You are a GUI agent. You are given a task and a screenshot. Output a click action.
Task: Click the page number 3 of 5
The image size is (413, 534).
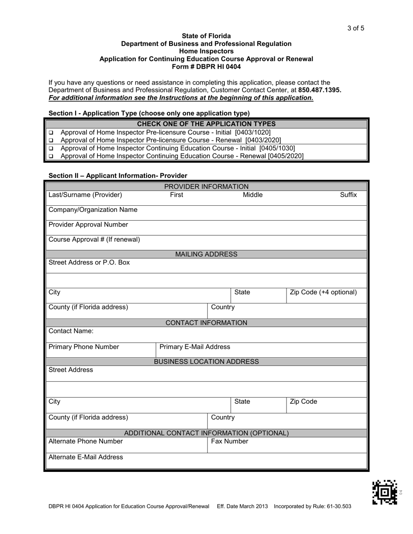coord(356,29)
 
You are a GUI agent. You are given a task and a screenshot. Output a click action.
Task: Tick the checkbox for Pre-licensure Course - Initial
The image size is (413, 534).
coord(50,132)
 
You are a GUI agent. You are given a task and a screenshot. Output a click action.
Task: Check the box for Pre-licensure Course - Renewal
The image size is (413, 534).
coord(50,140)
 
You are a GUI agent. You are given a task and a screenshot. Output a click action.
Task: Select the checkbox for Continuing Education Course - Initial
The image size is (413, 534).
coord(50,148)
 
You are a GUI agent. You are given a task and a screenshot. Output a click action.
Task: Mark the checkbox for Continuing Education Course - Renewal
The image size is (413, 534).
coord(50,156)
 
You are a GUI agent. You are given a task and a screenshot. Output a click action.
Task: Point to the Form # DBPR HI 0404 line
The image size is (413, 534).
coord(206,67)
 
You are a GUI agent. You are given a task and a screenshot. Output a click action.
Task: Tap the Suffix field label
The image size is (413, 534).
coord(348,195)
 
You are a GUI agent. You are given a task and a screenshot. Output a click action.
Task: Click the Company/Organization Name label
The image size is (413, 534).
coord(93,210)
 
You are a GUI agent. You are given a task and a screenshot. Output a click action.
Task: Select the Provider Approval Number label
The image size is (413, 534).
coord(88,224)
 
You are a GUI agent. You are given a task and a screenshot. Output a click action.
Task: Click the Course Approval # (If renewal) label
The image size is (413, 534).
coord(94,239)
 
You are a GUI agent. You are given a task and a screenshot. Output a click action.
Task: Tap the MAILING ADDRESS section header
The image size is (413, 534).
coord(206,254)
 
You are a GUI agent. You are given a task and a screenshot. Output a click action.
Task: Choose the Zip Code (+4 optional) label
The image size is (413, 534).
coord(323,292)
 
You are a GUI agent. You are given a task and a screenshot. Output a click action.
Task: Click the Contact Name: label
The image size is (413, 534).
coord(71,331)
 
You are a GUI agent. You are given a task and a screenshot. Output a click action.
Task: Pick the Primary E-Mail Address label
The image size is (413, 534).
coord(195,347)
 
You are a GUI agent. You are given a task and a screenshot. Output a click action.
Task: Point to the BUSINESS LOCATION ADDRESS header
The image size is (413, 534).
coord(206,362)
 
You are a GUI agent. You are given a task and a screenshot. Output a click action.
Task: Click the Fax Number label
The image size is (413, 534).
coord(230,442)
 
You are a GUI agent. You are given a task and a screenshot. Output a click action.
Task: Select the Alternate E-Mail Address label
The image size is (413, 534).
coord(86,457)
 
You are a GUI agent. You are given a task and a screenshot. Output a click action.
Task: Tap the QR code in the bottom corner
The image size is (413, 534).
coord(385,492)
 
